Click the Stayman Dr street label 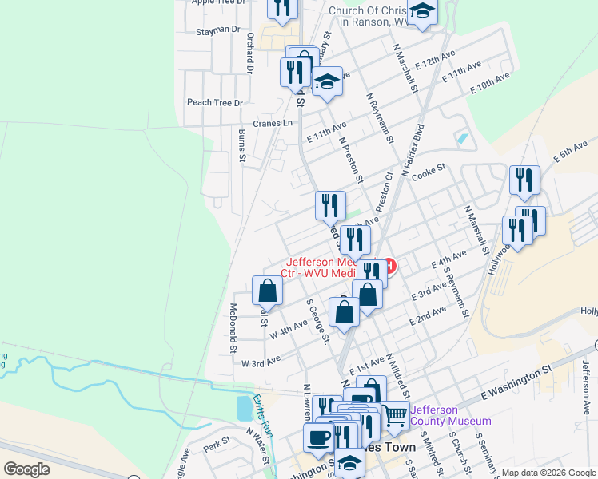218,30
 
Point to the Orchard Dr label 250,53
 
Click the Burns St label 242,145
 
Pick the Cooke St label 429,169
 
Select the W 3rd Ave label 261,362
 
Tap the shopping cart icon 394,414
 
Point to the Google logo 27,469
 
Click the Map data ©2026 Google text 548,473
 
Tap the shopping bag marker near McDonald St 268,291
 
